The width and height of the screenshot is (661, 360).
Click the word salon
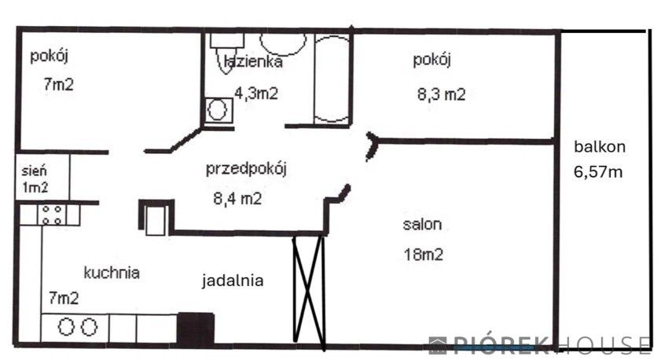[422, 224]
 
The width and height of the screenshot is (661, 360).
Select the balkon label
[600, 146]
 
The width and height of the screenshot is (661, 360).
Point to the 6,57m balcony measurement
[600, 171]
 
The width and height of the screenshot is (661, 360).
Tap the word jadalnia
[232, 280]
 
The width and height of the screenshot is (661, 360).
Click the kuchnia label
[112, 273]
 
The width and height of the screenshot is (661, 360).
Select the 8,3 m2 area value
[441, 94]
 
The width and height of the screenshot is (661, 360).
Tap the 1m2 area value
[34, 187]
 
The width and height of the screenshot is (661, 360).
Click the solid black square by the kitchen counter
[196, 329]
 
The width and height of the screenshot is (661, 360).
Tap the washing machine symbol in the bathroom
[217, 110]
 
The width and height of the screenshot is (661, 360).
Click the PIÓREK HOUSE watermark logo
[539, 344]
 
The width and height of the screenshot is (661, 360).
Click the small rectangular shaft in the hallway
[155, 218]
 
